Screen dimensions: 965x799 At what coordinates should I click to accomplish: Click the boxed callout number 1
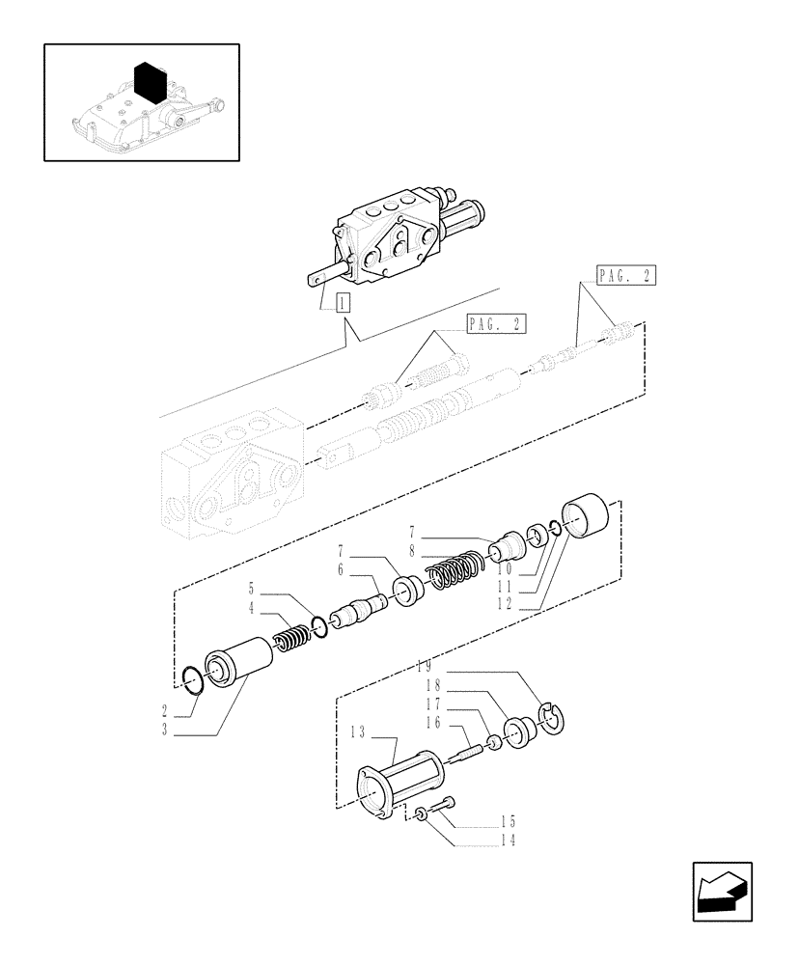(x=342, y=302)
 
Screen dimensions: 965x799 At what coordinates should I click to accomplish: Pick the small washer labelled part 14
(x=422, y=816)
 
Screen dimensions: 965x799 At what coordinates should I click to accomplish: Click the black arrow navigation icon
(x=721, y=891)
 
